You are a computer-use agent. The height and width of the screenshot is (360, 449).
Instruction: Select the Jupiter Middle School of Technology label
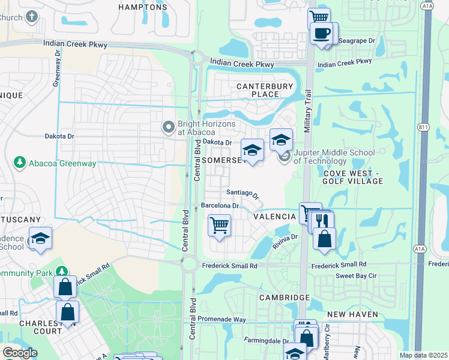[334, 157]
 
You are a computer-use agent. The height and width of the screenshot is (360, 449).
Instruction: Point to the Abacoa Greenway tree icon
[20, 162]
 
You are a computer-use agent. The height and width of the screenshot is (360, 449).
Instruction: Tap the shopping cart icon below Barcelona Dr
[219, 226]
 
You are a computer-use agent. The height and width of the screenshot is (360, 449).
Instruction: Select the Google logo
[20, 353]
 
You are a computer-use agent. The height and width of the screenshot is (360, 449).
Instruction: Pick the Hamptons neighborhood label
[142, 7]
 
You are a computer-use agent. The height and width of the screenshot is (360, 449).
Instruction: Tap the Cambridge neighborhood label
[285, 298]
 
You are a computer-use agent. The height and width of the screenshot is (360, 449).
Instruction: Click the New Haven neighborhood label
[353, 314]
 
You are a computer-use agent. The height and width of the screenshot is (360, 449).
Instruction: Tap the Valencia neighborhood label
[274, 217]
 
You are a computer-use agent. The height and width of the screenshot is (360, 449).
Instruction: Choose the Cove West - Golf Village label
[353, 177]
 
